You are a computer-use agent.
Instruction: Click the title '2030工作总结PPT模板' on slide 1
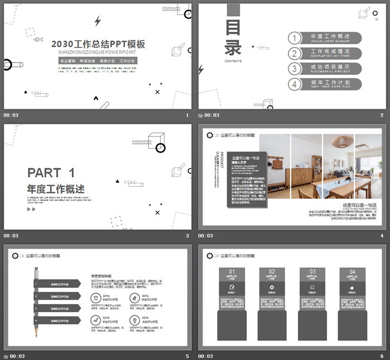pyautogui.click(x=98, y=44)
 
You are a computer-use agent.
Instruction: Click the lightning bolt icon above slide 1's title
pyautogui.click(x=98, y=21)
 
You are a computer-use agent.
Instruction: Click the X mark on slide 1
pyautogui.click(x=158, y=92)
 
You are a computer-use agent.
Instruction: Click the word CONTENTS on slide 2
pyautogui.click(x=233, y=61)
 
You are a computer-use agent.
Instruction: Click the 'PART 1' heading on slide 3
pyautogui.click(x=51, y=172)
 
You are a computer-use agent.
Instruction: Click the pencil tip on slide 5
pyautogui.click(x=37, y=337)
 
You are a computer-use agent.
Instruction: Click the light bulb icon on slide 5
pyautogui.click(x=135, y=320)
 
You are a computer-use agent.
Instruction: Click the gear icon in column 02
pyautogui.click(x=271, y=288)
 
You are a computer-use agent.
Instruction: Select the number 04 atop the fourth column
pyautogui.click(x=352, y=272)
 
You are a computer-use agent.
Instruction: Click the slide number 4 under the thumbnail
pyautogui.click(x=382, y=236)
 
